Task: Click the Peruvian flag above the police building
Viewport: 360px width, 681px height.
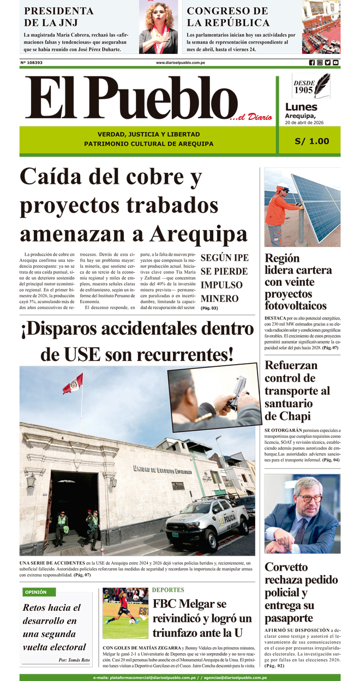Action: pyautogui.click(x=73, y=383)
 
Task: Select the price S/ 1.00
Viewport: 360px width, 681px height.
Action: pyautogui.click(x=311, y=141)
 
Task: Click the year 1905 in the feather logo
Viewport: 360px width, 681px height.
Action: pyautogui.click(x=303, y=90)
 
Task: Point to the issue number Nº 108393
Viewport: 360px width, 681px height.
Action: pyautogui.click(x=32, y=63)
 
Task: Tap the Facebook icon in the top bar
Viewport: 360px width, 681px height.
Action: pyautogui.click(x=312, y=63)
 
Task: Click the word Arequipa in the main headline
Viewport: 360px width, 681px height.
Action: pyautogui.click(x=199, y=234)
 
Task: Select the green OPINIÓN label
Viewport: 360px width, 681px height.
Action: pyautogui.click(x=36, y=592)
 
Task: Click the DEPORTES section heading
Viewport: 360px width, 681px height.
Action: pyautogui.click(x=168, y=590)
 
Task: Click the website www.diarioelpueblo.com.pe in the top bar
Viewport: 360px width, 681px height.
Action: pyautogui.click(x=180, y=63)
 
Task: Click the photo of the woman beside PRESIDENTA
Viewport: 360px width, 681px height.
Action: pyautogui.click(x=158, y=27)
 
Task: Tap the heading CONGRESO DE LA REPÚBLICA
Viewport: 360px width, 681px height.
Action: pyautogui.click(x=228, y=17)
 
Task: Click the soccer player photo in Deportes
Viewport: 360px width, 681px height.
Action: pyautogui.click(x=125, y=613)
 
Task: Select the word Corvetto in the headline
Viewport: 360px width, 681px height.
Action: pyautogui.click(x=286, y=567)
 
